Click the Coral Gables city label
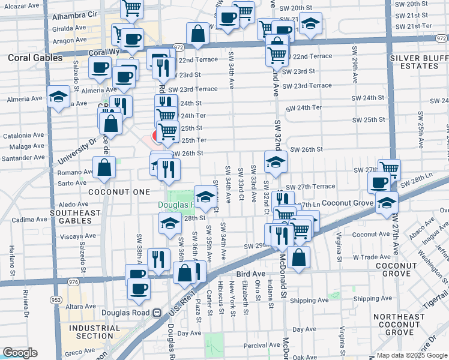[35, 58]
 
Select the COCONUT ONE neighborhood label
[118, 191]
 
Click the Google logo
[20, 353]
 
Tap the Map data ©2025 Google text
[412, 355]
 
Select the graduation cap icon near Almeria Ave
[58, 98]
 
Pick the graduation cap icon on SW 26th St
[276, 162]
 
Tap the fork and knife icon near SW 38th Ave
[158, 260]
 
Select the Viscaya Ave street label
[78, 236]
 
